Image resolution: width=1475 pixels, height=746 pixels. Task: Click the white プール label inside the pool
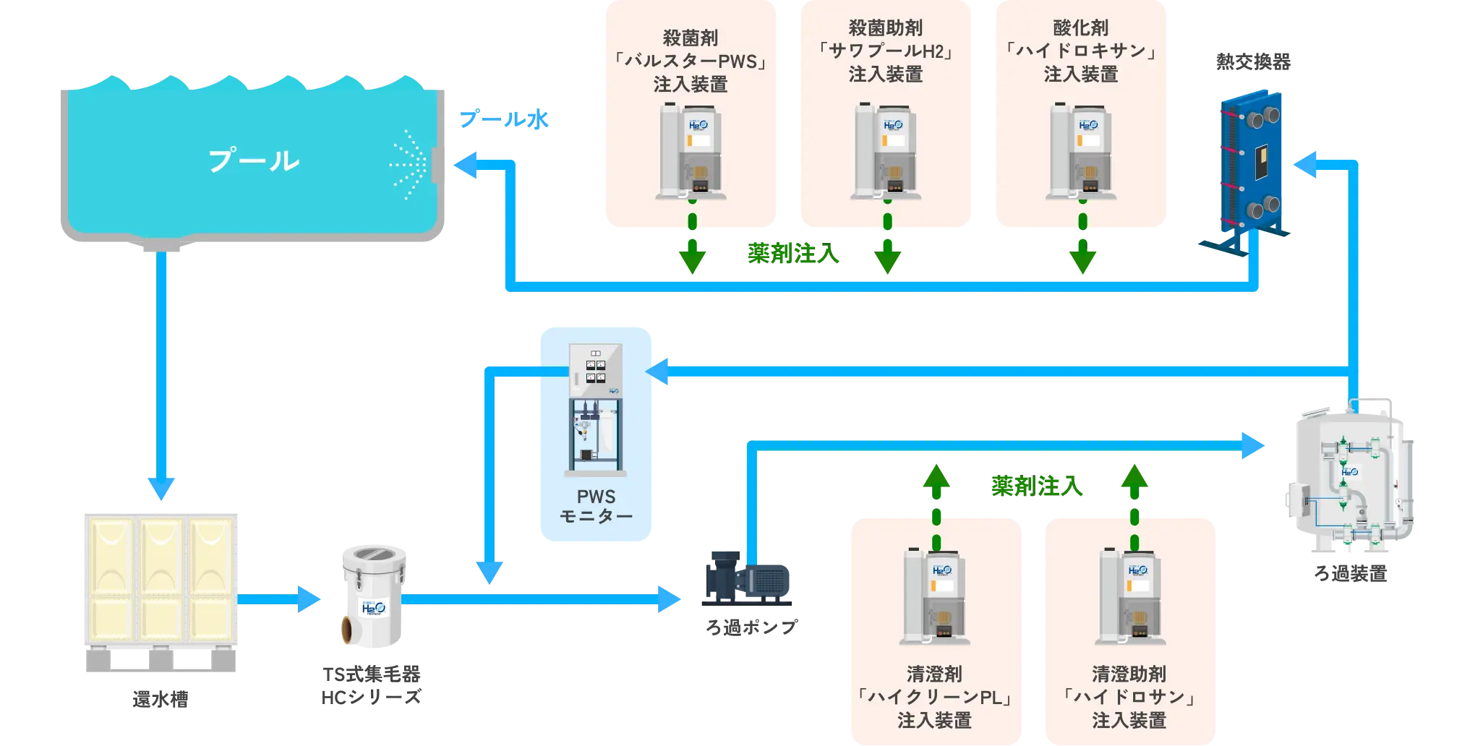point(254,160)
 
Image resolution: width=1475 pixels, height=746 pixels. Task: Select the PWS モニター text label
point(596,506)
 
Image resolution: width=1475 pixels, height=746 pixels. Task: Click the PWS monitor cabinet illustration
point(596,408)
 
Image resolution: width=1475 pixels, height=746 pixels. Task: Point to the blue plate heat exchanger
point(1251,170)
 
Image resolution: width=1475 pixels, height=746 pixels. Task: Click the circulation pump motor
point(748,578)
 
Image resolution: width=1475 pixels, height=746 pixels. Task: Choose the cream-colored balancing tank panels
point(161,578)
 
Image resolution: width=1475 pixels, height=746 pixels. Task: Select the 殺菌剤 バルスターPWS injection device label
point(691,61)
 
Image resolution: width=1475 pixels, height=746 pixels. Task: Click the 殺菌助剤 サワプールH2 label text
point(886,51)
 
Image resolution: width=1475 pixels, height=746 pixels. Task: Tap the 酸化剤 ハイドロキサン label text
point(1081,51)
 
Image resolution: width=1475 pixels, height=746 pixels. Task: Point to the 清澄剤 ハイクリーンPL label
point(934,698)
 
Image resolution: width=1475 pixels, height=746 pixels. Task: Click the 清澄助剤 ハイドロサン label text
point(1129,698)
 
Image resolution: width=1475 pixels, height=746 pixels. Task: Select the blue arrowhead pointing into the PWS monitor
point(659,372)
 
